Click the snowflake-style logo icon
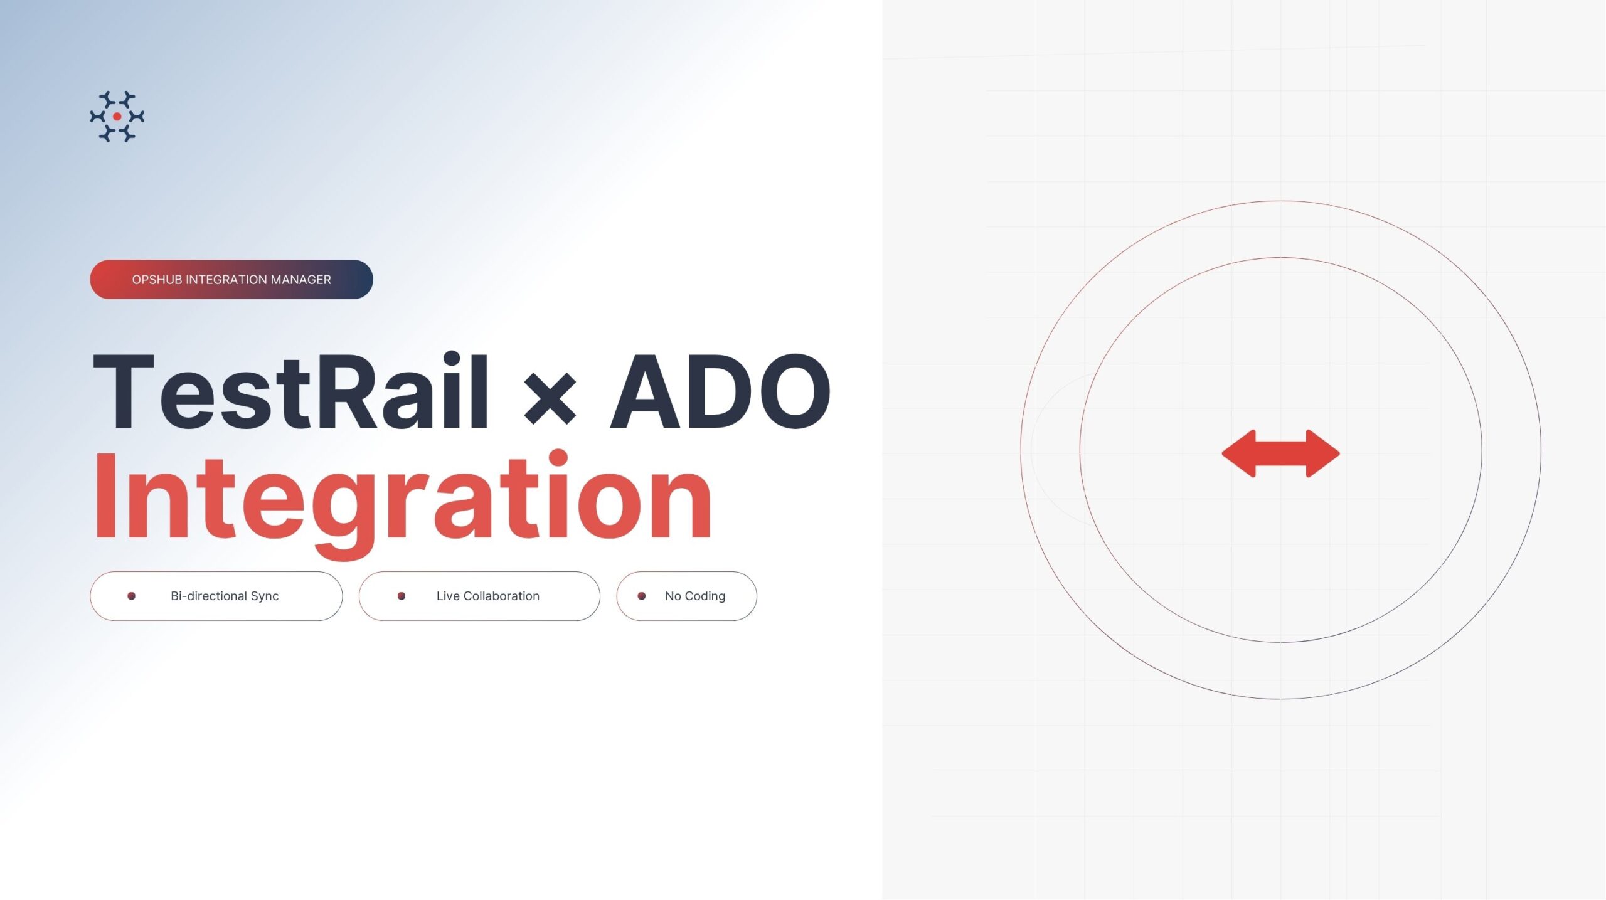point(117,116)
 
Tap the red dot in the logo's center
point(117,116)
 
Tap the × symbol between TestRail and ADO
point(550,398)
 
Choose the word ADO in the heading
point(721,391)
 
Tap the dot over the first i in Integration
point(558,459)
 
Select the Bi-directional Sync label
point(225,596)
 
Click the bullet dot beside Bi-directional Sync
point(131,596)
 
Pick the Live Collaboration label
point(488,596)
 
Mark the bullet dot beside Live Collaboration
point(401,596)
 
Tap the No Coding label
point(695,596)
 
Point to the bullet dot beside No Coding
point(642,596)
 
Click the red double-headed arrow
point(1280,453)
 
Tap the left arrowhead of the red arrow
point(1238,453)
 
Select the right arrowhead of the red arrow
point(1323,453)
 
